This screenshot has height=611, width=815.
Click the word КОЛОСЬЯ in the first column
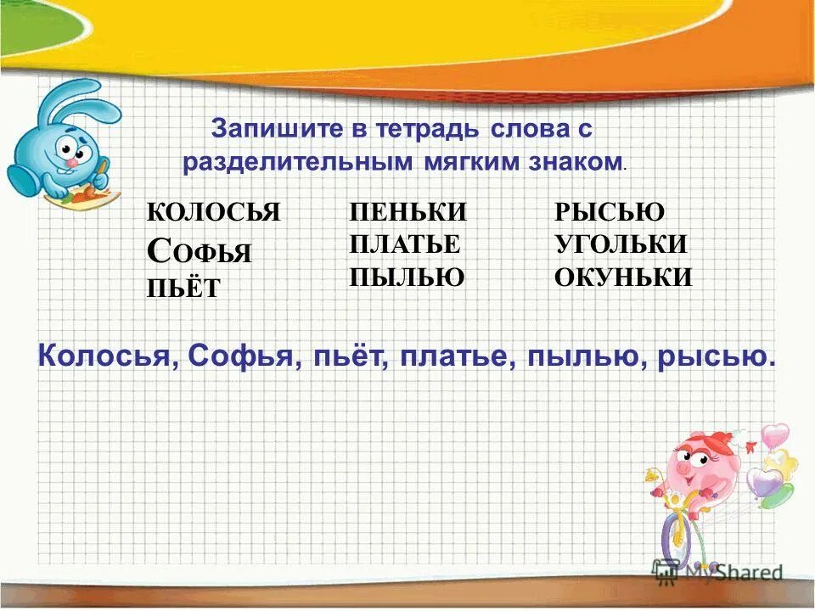213,212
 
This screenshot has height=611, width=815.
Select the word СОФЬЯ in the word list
200,250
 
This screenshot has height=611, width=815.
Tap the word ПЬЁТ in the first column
183,288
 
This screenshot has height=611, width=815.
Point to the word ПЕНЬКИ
407,212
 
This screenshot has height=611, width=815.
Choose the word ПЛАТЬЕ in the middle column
404,244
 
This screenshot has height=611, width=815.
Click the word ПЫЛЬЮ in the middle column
407,277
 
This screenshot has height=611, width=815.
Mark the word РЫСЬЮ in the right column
610,212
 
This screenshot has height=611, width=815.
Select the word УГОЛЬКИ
621,244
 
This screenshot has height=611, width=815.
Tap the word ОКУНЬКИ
623,277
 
